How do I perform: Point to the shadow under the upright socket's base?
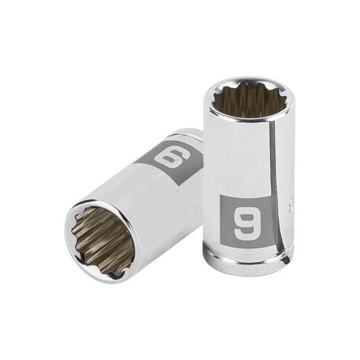252,277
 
